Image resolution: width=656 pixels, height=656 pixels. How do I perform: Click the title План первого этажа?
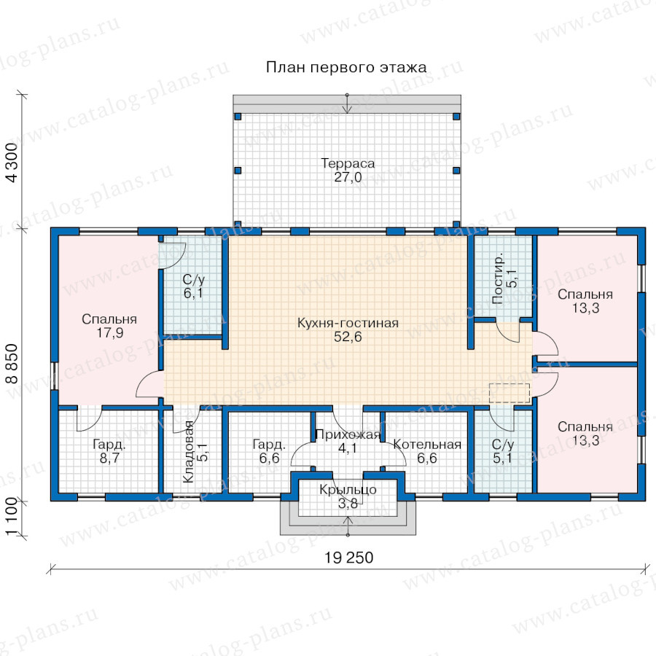point(346,67)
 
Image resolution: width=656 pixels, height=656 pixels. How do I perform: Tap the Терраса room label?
point(348,163)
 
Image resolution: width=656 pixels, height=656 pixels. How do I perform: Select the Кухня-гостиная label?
point(348,323)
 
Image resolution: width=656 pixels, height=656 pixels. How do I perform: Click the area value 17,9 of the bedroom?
point(109,333)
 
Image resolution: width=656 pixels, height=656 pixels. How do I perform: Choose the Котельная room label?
point(427,445)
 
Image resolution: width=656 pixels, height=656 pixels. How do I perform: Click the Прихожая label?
point(348,434)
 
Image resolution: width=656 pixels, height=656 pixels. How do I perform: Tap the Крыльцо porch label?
point(348,490)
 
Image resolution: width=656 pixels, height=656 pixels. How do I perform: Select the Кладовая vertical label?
point(188,452)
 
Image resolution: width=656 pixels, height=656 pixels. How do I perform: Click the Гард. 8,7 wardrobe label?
point(109,451)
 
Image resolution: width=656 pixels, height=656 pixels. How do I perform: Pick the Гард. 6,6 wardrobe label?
point(269,451)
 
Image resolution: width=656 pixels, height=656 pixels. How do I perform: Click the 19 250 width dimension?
point(349,558)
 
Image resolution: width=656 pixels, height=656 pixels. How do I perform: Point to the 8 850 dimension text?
point(12,364)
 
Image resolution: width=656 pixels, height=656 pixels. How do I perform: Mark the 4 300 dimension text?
point(12,163)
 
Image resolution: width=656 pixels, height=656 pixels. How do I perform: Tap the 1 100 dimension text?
point(12,517)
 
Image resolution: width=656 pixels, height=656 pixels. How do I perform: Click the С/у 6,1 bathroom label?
point(193,286)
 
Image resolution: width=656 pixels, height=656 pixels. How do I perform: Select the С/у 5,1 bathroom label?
point(502,451)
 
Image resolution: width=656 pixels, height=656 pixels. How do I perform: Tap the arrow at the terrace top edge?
point(347,104)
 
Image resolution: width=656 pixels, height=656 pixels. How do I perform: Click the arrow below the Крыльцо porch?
point(348,526)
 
